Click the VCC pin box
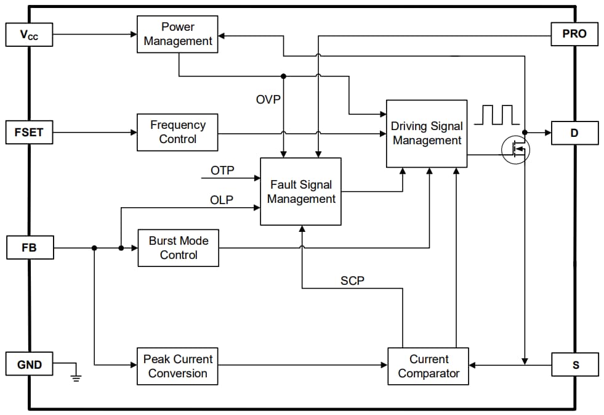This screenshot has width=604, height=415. (x=29, y=35)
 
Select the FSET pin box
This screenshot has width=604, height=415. (x=29, y=133)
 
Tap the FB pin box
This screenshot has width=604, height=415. (x=29, y=248)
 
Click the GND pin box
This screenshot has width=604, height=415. (x=29, y=364)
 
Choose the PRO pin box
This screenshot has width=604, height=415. (x=574, y=34)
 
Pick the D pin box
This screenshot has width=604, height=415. (x=574, y=133)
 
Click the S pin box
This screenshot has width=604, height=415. (x=574, y=364)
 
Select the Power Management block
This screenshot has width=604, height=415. (x=177, y=35)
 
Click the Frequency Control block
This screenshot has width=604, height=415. (x=177, y=132)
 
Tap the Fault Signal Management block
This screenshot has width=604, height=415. (x=300, y=192)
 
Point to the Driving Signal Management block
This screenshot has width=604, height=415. (x=426, y=133)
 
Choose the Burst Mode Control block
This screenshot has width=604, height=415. (x=178, y=248)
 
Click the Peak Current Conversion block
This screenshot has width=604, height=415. (x=177, y=366)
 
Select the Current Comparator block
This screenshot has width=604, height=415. (x=428, y=366)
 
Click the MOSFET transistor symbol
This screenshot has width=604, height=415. (x=515, y=149)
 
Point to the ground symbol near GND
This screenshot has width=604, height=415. (x=76, y=376)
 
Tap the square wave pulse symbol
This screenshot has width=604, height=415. (x=497, y=115)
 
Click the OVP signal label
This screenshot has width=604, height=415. (x=268, y=99)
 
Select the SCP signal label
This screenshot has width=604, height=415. (x=352, y=281)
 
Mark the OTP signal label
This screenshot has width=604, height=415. (x=222, y=170)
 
